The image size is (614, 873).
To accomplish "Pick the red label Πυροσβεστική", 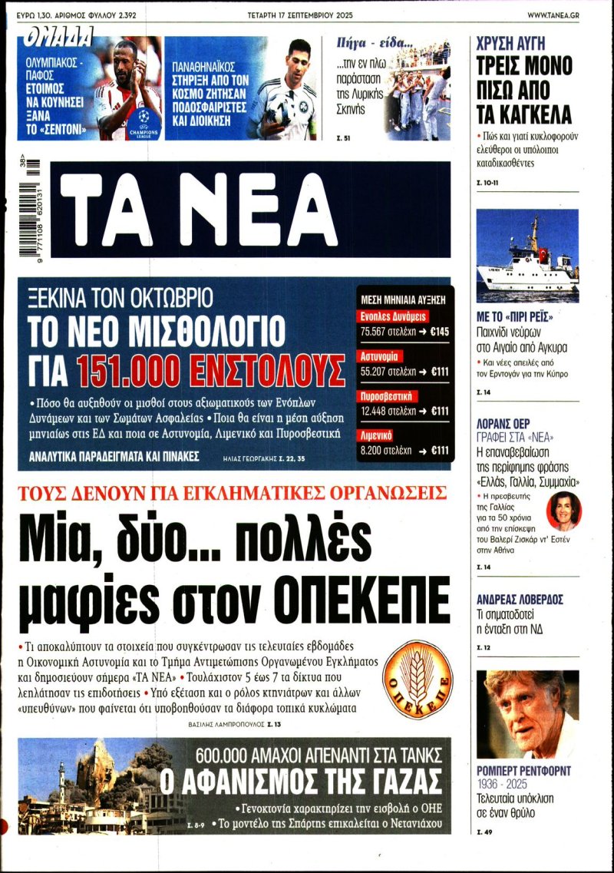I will pos(388,396).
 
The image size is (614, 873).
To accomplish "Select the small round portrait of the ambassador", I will pos(563,511).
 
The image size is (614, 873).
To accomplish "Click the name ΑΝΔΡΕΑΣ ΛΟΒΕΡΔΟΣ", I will pos(520,600).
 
